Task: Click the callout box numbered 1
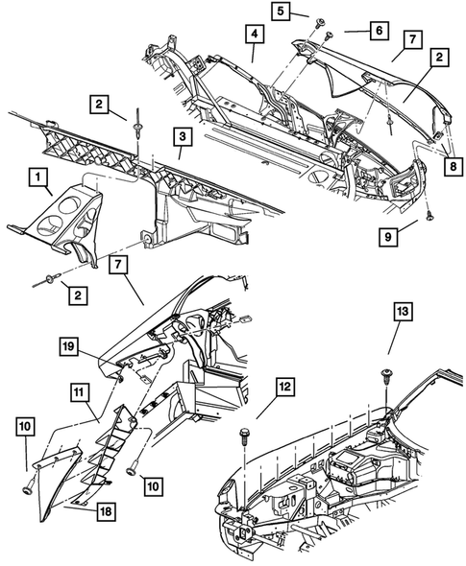click(x=38, y=178)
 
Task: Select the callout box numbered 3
click(x=183, y=137)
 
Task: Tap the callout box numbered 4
click(x=255, y=34)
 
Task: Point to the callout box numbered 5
click(x=281, y=12)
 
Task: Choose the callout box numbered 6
click(x=379, y=31)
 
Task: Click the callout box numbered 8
click(x=453, y=166)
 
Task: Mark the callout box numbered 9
click(x=388, y=237)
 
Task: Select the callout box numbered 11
click(x=79, y=392)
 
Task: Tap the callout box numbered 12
click(x=285, y=387)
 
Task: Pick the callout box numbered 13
click(x=402, y=311)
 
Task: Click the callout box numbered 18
click(x=108, y=511)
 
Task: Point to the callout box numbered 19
click(x=68, y=346)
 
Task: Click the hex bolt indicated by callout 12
click(x=244, y=436)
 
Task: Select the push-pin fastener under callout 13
click(x=386, y=376)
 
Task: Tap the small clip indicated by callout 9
click(x=429, y=216)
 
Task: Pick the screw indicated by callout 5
click(x=320, y=24)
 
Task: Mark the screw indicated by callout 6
click(x=329, y=36)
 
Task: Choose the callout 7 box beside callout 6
click(x=413, y=40)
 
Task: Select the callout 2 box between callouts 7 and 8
click(x=439, y=57)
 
